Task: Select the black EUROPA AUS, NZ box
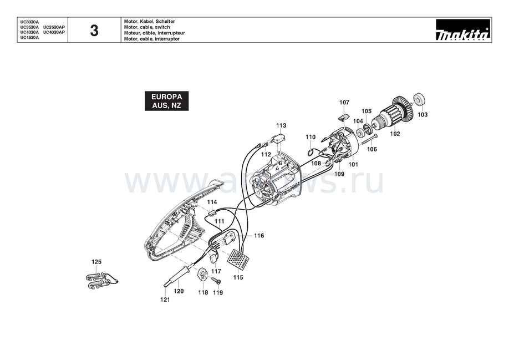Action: [166, 100]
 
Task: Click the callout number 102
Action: [395, 133]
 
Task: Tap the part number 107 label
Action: [344, 103]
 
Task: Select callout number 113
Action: [281, 125]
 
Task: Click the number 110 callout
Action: [311, 137]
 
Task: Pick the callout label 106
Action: [372, 149]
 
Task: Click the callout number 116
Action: [259, 236]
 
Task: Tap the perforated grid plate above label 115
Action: [237, 258]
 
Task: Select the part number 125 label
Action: [96, 261]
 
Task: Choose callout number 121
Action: [165, 300]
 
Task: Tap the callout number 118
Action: [203, 292]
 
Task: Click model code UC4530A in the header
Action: [30, 37]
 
